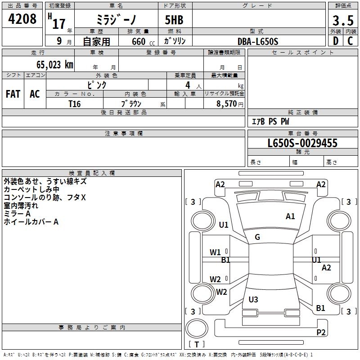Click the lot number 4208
22,20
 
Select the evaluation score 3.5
342,21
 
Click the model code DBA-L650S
258,41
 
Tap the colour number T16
74,103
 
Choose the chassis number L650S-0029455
302,144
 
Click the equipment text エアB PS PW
270,121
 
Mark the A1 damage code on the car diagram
290,216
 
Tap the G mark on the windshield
257,237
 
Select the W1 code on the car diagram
215,252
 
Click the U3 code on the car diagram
253,300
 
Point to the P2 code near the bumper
321,333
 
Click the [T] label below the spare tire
196,345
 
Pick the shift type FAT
13,94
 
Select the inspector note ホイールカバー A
31,222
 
